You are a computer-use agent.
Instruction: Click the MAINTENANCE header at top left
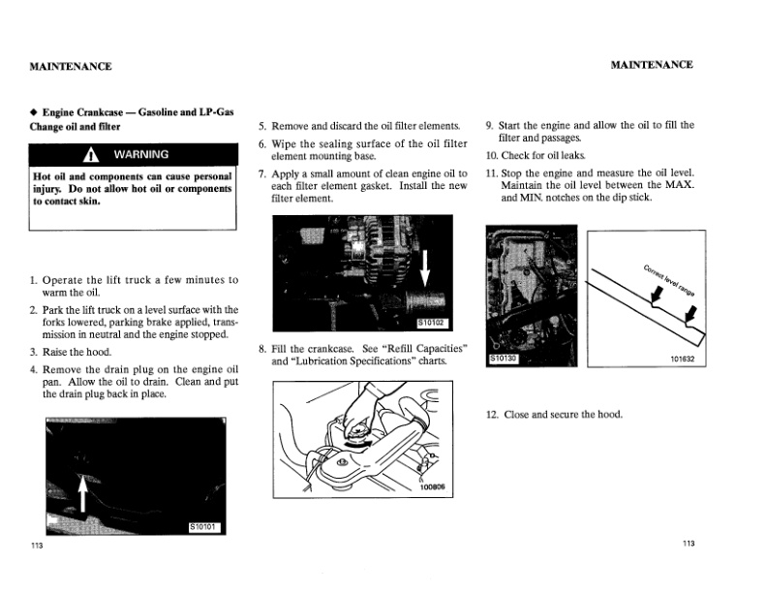[71, 66]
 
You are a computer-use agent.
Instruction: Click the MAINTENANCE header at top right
[652, 65]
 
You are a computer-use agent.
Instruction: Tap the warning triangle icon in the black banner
[93, 155]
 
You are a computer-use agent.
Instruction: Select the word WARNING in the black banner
[141, 155]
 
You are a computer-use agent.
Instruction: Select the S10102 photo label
[433, 323]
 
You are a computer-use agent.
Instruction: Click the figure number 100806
[432, 487]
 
